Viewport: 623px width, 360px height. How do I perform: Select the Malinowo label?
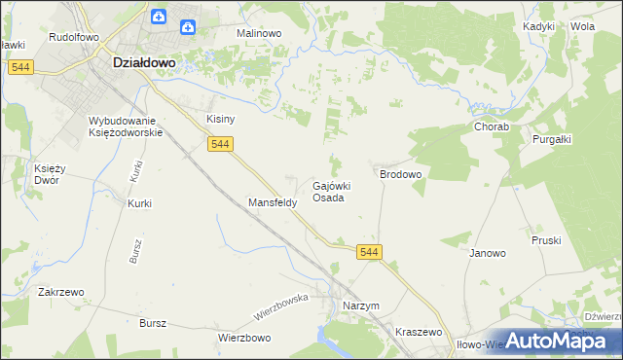[259, 32]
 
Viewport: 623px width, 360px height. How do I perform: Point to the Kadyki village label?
[538, 26]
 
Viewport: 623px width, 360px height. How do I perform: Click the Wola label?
[582, 26]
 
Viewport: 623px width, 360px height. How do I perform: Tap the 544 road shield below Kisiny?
[221, 144]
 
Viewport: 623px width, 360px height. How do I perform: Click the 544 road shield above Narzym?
[369, 252]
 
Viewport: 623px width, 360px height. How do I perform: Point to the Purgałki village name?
[552, 139]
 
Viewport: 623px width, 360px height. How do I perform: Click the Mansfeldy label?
[272, 203]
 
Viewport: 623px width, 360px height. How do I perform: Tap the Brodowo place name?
[400, 174]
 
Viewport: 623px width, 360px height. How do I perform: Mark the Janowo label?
[488, 253]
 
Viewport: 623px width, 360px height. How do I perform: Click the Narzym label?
[361, 306]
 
